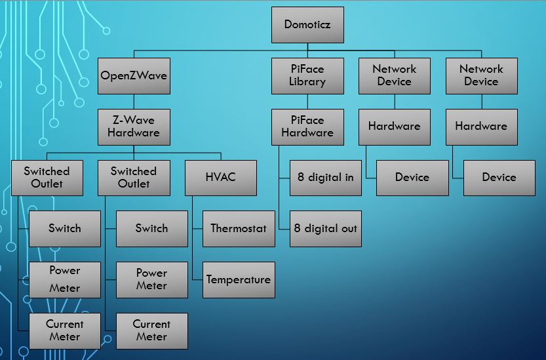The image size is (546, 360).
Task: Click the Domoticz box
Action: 307,25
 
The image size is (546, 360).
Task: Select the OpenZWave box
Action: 134,75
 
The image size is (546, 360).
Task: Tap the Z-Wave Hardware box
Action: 134,127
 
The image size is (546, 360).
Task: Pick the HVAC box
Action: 220,177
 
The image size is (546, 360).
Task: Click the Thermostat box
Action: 239,228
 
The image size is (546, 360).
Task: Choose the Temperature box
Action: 239,279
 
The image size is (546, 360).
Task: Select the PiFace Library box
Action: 307,75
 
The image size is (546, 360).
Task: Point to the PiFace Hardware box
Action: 307,127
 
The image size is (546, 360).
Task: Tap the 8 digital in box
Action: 325,177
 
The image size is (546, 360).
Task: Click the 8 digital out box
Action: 325,228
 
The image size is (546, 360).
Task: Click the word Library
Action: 307,82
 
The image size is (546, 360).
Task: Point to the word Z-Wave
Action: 134,120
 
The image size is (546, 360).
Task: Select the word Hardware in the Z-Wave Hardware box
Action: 134,133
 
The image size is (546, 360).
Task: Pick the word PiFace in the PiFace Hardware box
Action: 307,120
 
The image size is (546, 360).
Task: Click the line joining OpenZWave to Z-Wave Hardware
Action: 134,101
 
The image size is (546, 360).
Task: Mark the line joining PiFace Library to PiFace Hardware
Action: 307,101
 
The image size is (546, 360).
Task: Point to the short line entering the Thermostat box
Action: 197,228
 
